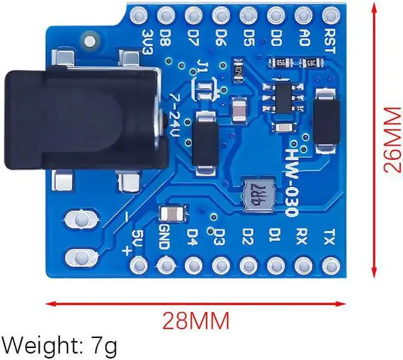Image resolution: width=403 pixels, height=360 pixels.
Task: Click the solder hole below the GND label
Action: [x=165, y=265]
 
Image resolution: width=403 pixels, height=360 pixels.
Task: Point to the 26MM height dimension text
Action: [x=392, y=140]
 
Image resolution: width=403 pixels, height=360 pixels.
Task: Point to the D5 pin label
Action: [x=249, y=37]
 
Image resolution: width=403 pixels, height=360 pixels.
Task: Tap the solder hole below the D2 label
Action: [x=248, y=265]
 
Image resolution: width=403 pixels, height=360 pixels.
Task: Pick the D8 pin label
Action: [x=166, y=37]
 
